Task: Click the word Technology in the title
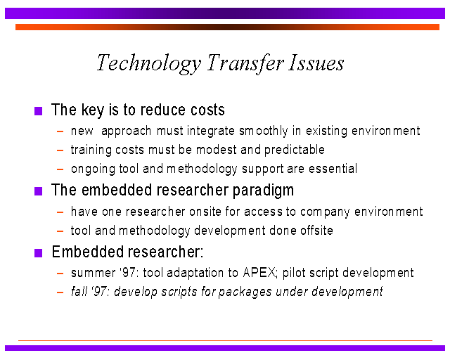pos(149,64)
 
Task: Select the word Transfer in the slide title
pos(245,64)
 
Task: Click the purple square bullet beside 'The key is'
pos(38,111)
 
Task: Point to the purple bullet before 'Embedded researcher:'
pos(38,253)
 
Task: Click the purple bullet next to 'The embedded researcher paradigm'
pos(38,191)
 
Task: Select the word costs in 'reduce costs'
pos(207,110)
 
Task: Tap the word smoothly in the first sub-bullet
pos(264,131)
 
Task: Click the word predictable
pos(295,150)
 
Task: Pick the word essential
pos(333,169)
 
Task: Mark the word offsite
pos(316,230)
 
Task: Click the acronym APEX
pos(259,273)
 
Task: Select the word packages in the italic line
pos(245,292)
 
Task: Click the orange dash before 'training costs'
pos(60,150)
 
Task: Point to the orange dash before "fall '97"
pos(60,292)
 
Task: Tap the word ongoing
pos(93,169)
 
